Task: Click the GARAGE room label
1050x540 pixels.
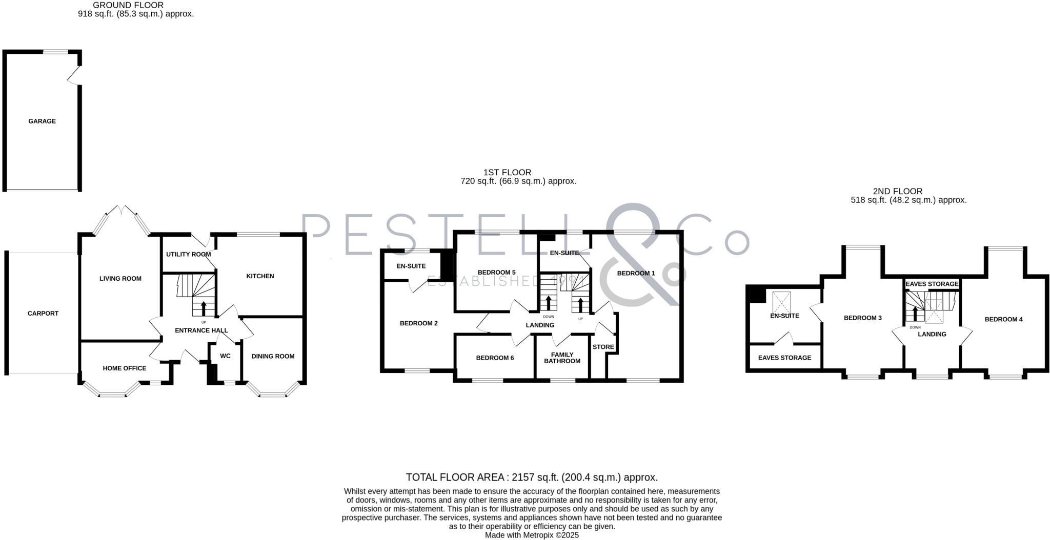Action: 42,121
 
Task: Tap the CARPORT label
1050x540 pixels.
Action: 43,314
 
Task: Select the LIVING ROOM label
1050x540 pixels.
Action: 120,279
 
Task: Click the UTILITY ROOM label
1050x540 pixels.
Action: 188,255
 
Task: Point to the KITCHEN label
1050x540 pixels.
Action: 260,276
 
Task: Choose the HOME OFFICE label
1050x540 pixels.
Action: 125,368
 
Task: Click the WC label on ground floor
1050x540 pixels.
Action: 225,356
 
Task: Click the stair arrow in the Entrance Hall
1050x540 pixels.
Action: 204,308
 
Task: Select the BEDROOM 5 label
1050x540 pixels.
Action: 496,273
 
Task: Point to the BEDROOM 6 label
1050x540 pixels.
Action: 495,358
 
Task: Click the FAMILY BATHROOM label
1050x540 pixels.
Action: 562,358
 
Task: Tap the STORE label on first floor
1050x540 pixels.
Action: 603,347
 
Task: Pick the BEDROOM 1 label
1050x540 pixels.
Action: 636,274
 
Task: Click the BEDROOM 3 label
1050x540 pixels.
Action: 862,318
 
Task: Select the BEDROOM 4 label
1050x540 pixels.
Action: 1003,320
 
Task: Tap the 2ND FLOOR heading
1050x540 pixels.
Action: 897,192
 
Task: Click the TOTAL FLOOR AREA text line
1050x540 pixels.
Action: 532,477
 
